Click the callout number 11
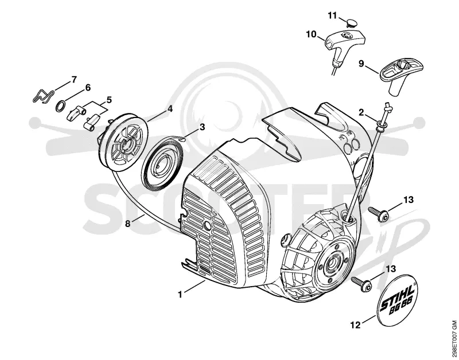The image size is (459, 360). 332,15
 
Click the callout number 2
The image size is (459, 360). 361,112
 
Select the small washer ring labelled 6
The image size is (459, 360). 61,105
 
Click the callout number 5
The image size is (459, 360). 109,100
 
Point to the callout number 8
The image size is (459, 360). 127,224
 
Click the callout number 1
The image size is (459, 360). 180,294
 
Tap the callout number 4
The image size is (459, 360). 170,109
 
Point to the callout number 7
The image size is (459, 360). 74,80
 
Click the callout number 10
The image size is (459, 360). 312,34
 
